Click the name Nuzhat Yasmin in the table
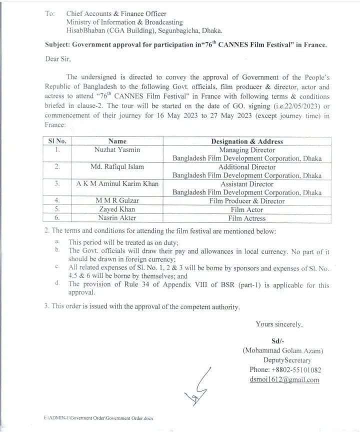pyautogui.click(x=117, y=149)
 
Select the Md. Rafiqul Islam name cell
pyautogui.click(x=117, y=166)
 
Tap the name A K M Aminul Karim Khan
pyautogui.click(x=117, y=183)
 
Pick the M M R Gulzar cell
pyautogui.click(x=117, y=201)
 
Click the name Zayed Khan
pyautogui.click(x=117, y=209)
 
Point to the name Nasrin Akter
pyautogui.click(x=117, y=218)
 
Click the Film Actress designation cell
pyautogui.click(x=247, y=218)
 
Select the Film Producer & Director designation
pyautogui.click(x=247, y=201)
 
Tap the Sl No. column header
pyautogui.click(x=57, y=141)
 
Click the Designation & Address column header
pyautogui.click(x=247, y=141)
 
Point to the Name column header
pyautogui.click(x=117, y=141)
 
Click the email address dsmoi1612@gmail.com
pyautogui.click(x=284, y=379)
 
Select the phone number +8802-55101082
pyautogui.click(x=285, y=370)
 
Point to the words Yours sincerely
pyautogui.click(x=279, y=324)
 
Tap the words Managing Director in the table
pyautogui.click(x=247, y=149)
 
